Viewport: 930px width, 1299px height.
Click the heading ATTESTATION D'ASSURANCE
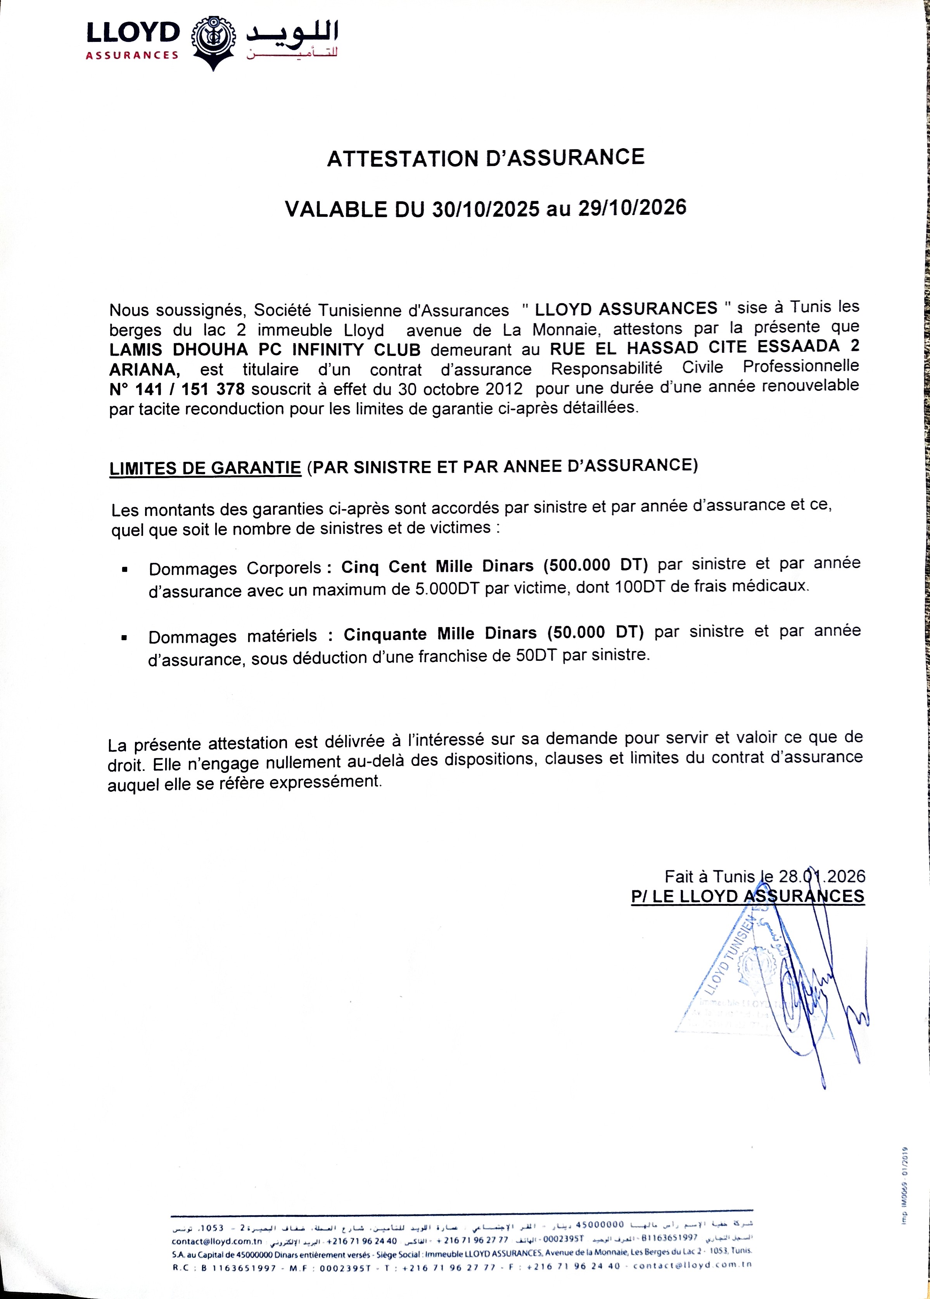[486, 158]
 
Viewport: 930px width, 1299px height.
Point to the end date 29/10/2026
[632, 207]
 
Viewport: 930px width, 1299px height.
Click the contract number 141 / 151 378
[177, 389]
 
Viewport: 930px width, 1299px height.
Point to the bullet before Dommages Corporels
[124, 570]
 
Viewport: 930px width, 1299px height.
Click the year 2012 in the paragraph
[503, 389]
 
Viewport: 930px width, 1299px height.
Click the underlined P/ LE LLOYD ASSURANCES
[747, 897]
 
